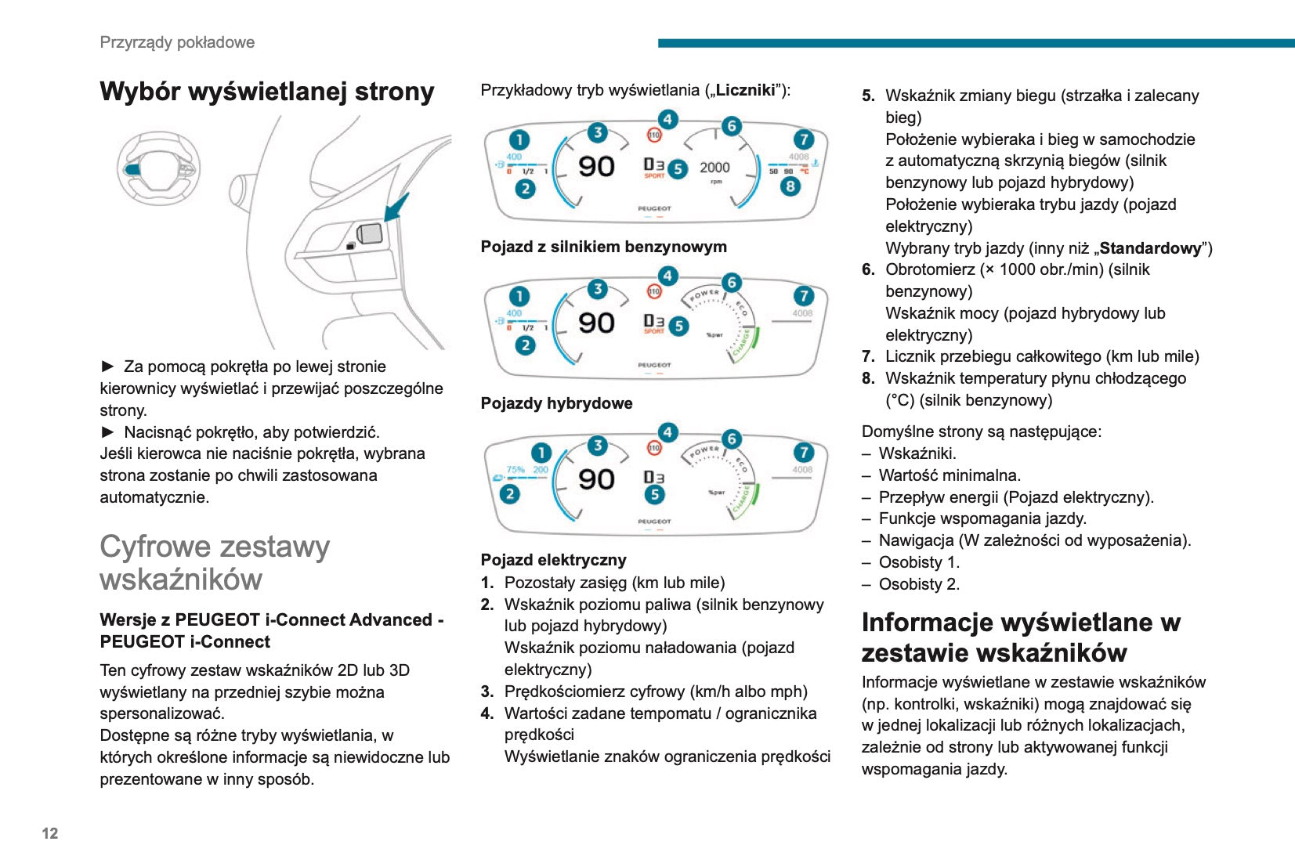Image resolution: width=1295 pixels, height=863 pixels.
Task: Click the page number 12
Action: (x=50, y=833)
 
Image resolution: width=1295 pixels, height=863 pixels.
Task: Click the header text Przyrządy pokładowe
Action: (x=177, y=42)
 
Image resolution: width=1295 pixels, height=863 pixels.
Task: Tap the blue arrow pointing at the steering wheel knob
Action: (x=396, y=208)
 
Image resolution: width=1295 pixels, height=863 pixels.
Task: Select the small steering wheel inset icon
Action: (x=158, y=168)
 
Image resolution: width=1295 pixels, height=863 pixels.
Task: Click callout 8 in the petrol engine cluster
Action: (x=790, y=186)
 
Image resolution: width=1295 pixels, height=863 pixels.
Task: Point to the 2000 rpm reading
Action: (x=714, y=168)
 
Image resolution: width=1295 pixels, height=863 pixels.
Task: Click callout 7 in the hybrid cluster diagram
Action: (x=803, y=296)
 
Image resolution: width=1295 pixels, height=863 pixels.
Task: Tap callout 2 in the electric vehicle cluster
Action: (x=510, y=493)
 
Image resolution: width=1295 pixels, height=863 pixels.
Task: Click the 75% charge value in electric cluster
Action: (x=515, y=470)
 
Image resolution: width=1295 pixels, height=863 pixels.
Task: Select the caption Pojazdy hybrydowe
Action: (x=556, y=403)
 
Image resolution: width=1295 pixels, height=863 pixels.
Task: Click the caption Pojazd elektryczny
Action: (x=553, y=560)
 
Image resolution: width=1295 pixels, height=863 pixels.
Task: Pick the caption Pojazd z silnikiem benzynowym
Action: (x=603, y=247)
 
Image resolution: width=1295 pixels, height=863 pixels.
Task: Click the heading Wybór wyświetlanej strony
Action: (x=266, y=92)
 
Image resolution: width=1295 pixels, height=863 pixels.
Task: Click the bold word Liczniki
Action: (x=745, y=90)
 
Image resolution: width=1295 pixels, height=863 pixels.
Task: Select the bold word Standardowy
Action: (x=1149, y=248)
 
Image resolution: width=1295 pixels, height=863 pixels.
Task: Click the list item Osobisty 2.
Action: (x=918, y=584)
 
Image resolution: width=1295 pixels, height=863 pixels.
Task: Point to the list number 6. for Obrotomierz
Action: (x=868, y=269)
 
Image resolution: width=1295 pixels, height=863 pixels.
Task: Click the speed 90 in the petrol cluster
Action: (x=596, y=167)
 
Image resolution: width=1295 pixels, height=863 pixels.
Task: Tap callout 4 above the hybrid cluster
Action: (x=667, y=276)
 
